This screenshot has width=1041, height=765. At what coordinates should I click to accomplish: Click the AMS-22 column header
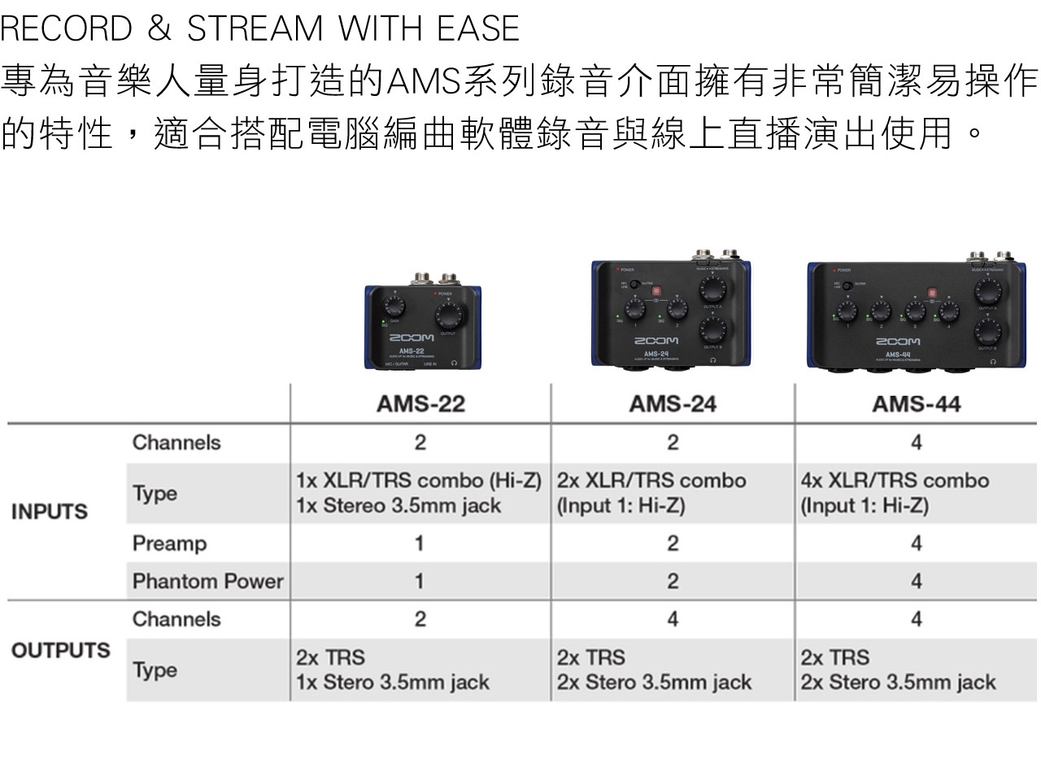[420, 404]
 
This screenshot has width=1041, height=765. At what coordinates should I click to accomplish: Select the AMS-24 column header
[672, 404]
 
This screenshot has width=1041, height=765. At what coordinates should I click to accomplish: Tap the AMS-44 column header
[916, 404]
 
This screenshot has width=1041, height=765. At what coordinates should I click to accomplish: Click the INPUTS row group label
[49, 512]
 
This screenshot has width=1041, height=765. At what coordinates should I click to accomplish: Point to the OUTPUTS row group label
[60, 651]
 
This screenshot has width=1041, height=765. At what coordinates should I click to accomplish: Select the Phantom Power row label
[207, 581]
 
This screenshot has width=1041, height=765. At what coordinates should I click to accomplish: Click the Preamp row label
[169, 543]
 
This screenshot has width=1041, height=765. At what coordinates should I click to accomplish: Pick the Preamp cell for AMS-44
[916, 543]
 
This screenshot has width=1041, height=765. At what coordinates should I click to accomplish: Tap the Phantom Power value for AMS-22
[420, 581]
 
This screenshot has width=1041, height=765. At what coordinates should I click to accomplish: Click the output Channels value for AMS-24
[672, 619]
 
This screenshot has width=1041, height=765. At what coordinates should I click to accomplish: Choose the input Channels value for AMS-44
[916, 442]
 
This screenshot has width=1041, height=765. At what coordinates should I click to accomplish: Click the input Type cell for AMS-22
[420, 493]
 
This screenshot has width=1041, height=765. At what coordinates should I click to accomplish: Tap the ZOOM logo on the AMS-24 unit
[656, 341]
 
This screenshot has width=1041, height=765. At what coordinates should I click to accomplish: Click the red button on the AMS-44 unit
[933, 293]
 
